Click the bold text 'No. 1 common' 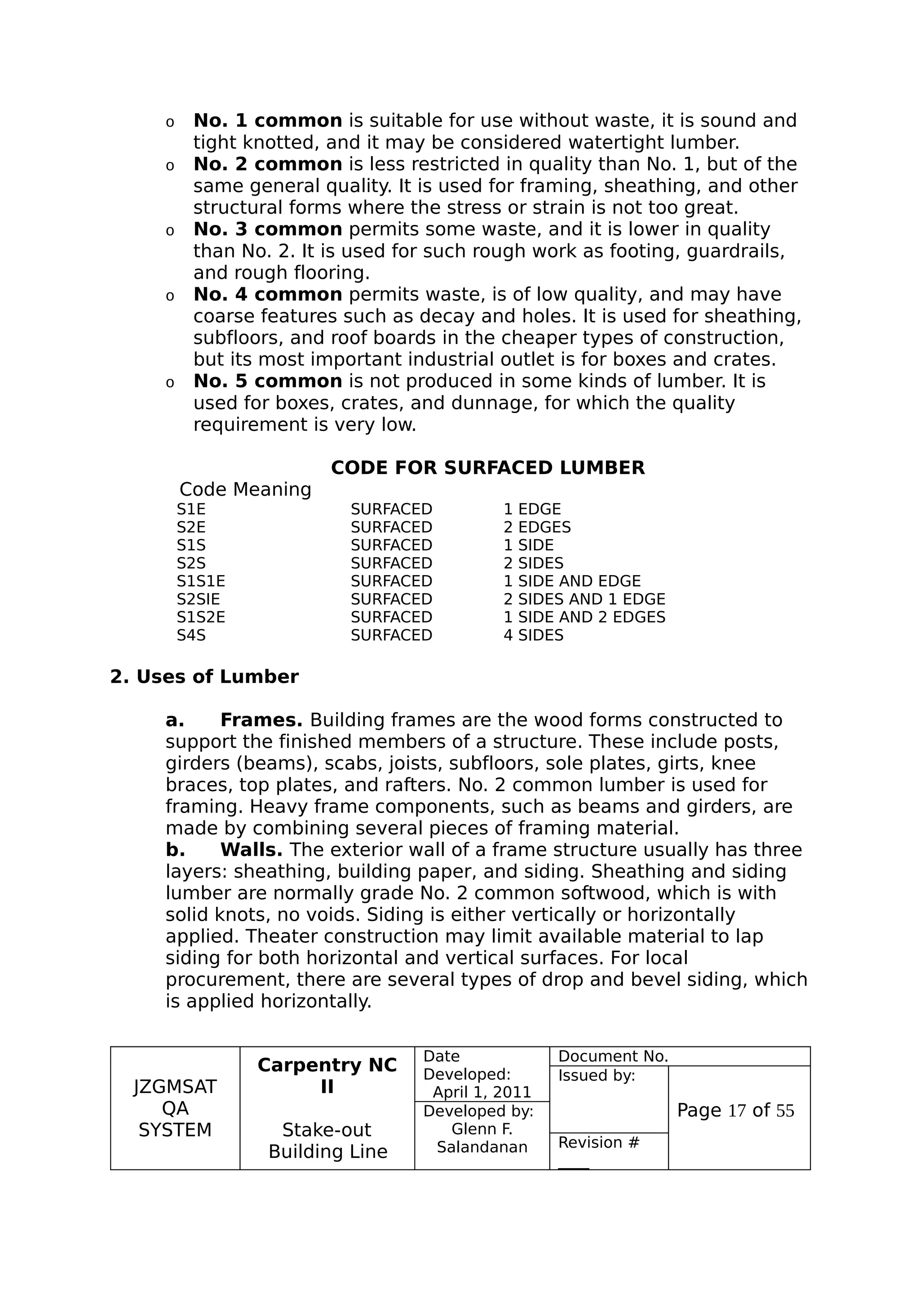(x=268, y=121)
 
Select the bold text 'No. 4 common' (x=268, y=294)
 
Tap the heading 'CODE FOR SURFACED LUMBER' (x=487, y=468)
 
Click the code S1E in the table (x=191, y=510)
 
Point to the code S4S (x=191, y=636)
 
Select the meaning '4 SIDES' (x=533, y=636)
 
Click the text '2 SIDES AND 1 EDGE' (x=584, y=599)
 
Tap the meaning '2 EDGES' (x=537, y=527)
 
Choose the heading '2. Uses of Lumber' (x=204, y=677)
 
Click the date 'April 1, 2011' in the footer (x=482, y=1093)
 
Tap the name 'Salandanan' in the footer (x=482, y=1147)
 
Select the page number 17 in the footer (x=736, y=1111)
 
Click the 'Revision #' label (x=599, y=1143)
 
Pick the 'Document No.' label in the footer (x=613, y=1056)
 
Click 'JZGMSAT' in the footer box (x=175, y=1087)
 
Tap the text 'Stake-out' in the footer (x=327, y=1130)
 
